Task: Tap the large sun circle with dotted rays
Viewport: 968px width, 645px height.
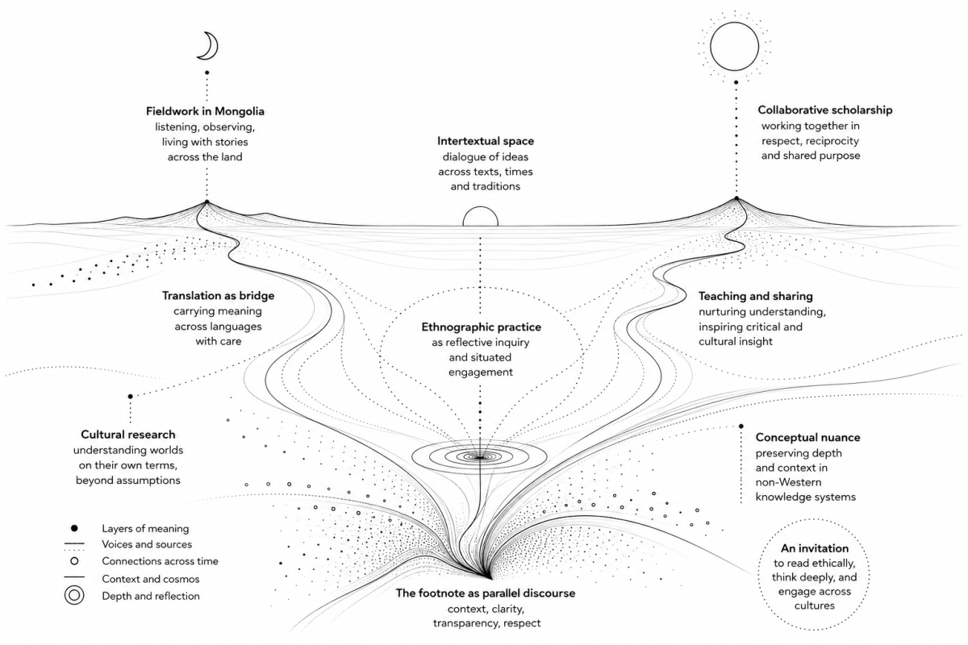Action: point(734,47)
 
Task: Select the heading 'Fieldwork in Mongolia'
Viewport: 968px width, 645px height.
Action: point(205,111)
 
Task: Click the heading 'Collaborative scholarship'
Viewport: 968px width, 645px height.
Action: point(825,110)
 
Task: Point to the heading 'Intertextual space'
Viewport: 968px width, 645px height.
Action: point(486,141)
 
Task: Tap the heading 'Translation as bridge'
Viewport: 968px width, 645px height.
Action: point(219,296)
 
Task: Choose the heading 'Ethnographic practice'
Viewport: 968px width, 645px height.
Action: point(481,327)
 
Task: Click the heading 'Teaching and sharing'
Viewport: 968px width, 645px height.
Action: point(755,296)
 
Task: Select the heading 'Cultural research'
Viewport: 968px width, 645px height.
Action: point(128,435)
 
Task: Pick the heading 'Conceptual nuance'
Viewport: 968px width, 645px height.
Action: point(807,437)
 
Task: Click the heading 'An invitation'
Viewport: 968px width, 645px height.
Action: point(814,548)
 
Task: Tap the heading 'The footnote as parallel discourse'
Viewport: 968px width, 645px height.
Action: point(486,593)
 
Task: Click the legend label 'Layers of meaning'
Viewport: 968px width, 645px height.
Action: point(145,528)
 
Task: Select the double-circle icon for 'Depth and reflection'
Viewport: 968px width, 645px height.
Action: point(74,595)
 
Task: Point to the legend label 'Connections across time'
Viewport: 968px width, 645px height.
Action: point(160,561)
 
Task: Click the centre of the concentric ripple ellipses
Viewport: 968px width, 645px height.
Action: point(480,456)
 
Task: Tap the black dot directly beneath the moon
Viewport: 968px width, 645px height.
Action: point(207,73)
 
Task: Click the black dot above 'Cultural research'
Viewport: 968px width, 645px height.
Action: point(130,396)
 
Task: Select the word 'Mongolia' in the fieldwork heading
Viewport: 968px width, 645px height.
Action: point(240,111)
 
